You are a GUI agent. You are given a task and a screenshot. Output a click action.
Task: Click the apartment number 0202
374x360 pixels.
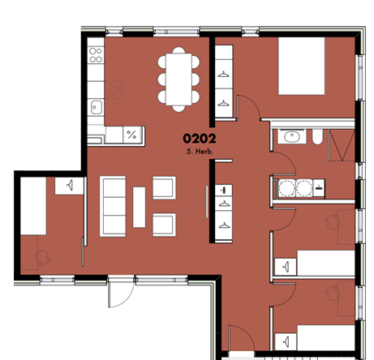coord(200,139)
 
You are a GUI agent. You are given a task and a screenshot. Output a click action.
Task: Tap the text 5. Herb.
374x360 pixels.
coord(200,152)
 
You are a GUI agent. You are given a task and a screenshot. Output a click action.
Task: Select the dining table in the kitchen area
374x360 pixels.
coord(178,79)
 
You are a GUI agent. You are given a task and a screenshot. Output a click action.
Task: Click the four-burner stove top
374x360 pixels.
coord(96,55)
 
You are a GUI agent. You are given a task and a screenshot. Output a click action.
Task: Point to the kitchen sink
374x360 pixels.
coord(96,107)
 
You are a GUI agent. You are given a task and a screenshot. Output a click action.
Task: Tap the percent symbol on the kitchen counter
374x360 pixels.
coord(131,135)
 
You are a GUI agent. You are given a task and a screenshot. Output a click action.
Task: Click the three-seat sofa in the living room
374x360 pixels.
coord(113,207)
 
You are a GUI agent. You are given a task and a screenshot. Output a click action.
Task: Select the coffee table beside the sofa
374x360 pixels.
coord(139,207)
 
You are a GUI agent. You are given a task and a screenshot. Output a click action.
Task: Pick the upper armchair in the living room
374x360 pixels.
coord(164,188)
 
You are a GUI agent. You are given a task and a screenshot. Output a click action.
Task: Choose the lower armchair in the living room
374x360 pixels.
coord(164,225)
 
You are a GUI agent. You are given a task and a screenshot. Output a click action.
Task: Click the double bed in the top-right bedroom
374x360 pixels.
coord(302,66)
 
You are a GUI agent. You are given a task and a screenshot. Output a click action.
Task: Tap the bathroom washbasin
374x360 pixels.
coord(292,136)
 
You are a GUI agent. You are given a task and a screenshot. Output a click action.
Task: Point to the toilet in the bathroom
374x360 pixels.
coord(317,137)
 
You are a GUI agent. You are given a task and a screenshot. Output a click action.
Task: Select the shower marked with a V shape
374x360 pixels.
coord(342,145)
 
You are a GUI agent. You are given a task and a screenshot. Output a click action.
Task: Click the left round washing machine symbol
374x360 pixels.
coord(287,188)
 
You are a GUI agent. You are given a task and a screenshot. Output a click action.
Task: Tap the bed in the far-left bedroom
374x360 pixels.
coord(33,206)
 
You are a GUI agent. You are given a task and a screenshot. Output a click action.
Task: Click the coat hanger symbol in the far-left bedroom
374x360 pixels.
coord(70,186)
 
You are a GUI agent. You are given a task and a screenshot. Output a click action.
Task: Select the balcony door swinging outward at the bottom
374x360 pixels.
coord(121,292)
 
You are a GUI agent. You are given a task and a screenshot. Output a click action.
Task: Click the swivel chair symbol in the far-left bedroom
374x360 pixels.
coord(43,258)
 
